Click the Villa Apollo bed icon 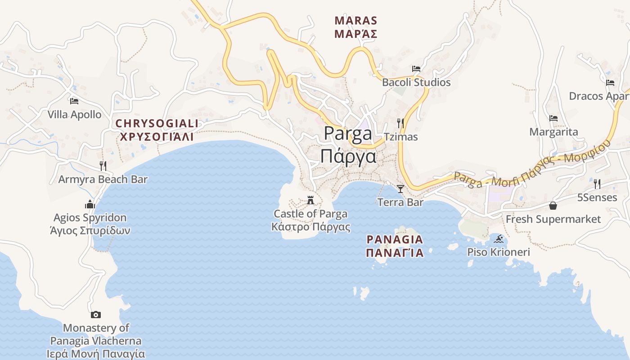pos(74,101)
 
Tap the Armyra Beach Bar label pos(103,179)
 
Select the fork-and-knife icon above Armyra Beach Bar pos(103,166)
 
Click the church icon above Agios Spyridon pos(90,204)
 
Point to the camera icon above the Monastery pos(95,315)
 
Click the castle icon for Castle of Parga pos(310,200)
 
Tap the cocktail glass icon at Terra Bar pos(400,189)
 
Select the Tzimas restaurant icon pos(400,123)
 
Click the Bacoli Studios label pos(416,82)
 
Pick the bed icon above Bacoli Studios pos(416,69)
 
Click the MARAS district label pos(356,21)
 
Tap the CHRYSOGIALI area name pos(157,123)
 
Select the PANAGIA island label pos(395,239)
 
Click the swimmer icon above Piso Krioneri pos(498,238)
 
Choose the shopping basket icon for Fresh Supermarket pos(553,206)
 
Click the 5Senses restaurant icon pos(597,184)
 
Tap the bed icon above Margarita pos(553,118)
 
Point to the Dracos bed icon pos(610,82)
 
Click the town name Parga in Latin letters pos(348,134)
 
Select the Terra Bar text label pos(400,202)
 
